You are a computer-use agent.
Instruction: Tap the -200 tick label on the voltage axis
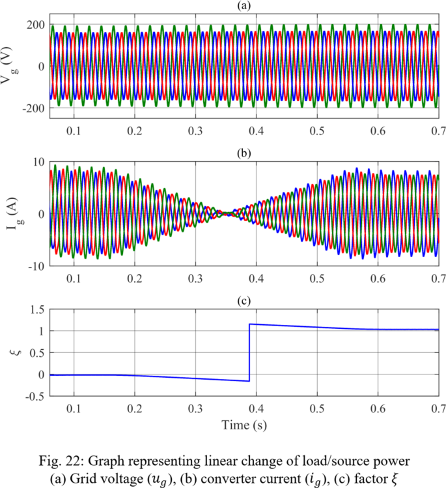click(x=31, y=108)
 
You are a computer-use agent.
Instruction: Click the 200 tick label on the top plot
click(x=34, y=25)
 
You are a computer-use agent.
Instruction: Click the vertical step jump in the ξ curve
click(x=249, y=352)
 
